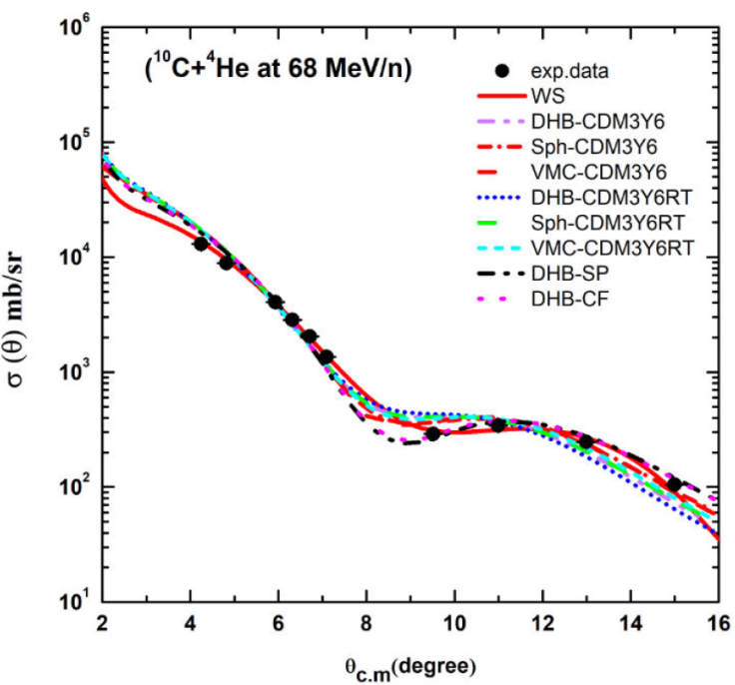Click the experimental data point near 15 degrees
(674, 484)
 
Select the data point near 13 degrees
(586, 441)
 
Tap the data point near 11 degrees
(498, 425)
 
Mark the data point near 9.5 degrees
(432, 433)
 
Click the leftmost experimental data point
(201, 244)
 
